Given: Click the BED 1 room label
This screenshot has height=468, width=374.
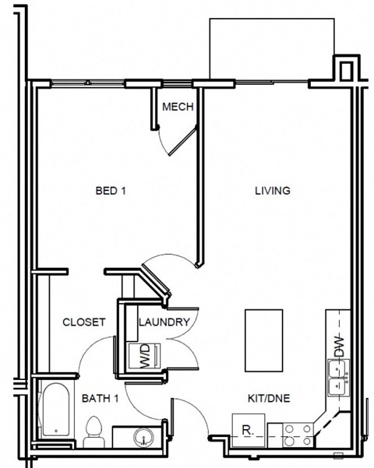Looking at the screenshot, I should point(110,191).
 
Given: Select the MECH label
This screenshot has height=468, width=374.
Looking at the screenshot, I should point(178,107).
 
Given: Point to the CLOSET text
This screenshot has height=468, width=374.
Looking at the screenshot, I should point(84,322).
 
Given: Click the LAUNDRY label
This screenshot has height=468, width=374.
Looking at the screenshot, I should point(164,322).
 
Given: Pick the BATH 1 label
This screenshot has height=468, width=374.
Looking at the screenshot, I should point(100,399).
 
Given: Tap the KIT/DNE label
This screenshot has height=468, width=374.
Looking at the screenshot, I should point(269,399).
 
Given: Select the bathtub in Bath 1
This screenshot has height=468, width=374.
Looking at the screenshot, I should point(55,410).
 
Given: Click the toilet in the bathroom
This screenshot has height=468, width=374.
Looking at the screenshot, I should point(94,431).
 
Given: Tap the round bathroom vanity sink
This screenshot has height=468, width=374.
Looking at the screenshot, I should point(143,437).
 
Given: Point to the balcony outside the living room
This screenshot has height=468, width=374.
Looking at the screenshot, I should point(272,47).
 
